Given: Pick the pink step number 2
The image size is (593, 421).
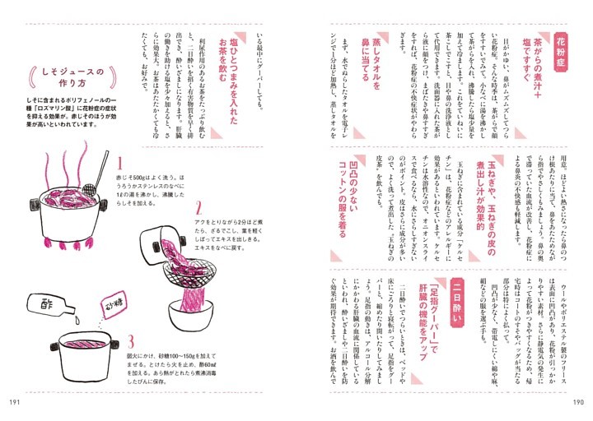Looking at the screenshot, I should pos(198,206).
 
